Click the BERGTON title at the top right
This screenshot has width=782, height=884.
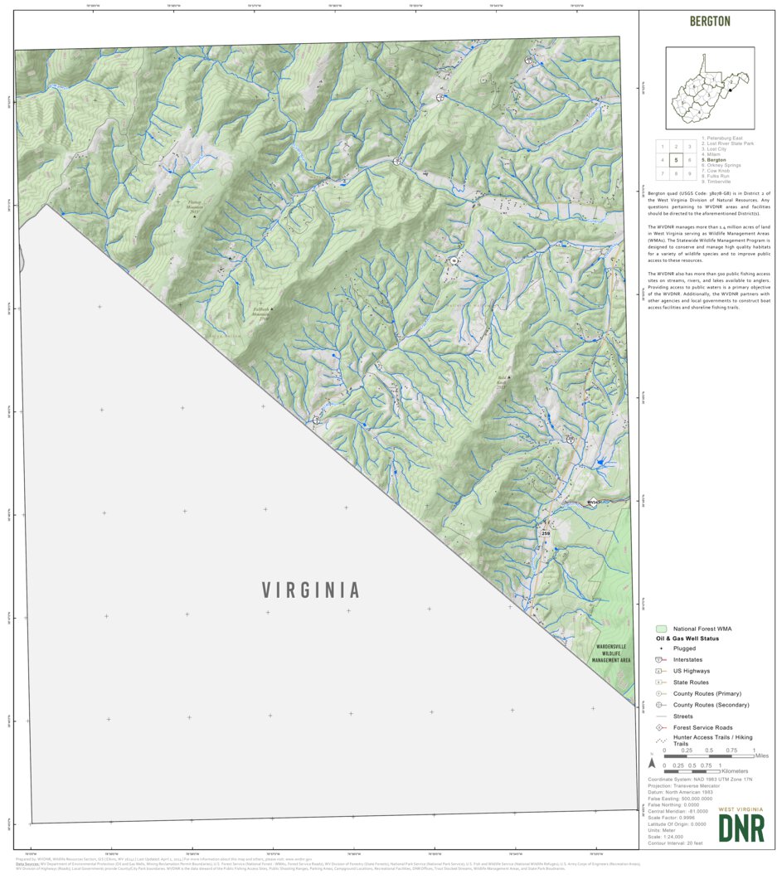point(710,21)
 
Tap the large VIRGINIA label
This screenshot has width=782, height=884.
point(311,590)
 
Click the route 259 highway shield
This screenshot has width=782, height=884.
point(545,533)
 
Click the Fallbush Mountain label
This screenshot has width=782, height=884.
point(262,313)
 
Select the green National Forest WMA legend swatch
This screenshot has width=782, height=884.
point(661,629)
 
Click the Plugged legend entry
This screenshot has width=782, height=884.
point(684,648)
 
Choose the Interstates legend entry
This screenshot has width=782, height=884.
point(692,659)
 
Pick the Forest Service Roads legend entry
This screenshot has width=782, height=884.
point(702,727)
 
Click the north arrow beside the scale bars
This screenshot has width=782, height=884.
point(653,762)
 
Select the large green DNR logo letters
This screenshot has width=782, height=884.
point(741,828)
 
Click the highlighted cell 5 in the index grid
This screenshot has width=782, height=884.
point(676,160)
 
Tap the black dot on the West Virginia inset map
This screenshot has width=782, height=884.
point(729,80)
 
